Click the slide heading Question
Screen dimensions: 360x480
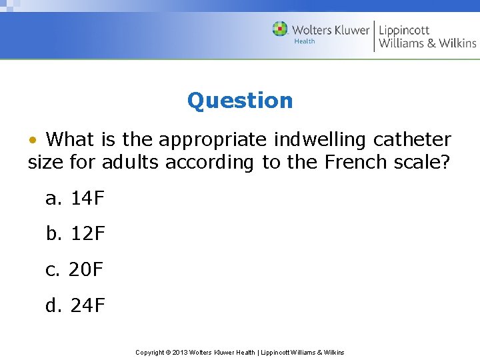(240, 101)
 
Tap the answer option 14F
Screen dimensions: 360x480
(87, 198)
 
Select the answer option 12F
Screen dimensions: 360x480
(87, 234)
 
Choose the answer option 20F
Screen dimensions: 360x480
(86, 270)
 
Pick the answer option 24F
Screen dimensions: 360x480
(87, 306)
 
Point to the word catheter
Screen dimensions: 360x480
(412, 140)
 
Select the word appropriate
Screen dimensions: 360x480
(215, 141)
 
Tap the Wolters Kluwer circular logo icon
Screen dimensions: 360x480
(280, 29)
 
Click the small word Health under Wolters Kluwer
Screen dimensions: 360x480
(305, 41)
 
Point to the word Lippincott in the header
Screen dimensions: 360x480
(404, 29)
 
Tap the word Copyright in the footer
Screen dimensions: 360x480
(150, 352)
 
